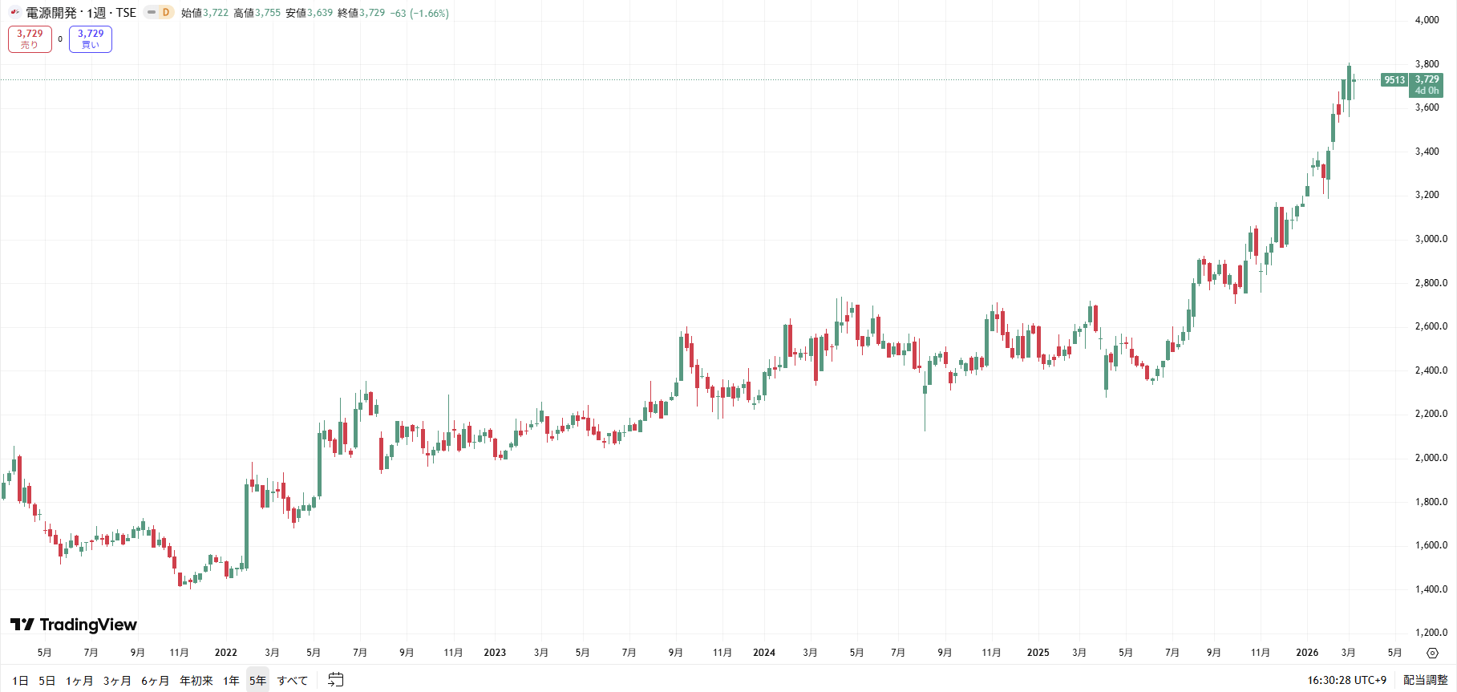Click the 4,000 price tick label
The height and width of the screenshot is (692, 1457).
coord(1427,20)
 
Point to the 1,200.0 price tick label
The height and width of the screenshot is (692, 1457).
coord(1431,633)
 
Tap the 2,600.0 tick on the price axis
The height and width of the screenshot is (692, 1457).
coord(1431,326)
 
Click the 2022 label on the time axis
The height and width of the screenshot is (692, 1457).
coord(226,653)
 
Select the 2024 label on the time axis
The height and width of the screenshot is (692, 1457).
coord(764,653)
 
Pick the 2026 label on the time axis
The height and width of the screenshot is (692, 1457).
coord(1307,653)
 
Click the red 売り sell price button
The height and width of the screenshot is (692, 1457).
coord(30,38)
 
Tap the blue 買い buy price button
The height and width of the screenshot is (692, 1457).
coord(91,38)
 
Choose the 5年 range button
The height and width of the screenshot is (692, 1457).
coord(257,681)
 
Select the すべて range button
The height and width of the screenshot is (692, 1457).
coord(293,681)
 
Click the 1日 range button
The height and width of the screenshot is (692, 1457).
coord(20,681)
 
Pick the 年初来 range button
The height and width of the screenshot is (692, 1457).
coord(196,681)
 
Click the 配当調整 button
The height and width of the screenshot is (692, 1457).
coord(1425,680)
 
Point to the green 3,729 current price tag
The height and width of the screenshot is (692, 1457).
coord(1427,84)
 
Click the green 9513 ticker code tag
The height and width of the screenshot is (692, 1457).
coord(1394,80)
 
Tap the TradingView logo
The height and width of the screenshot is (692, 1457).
coord(74,625)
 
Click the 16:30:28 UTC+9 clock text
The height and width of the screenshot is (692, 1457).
coord(1346,680)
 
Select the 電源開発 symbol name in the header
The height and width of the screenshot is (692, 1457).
coord(51,13)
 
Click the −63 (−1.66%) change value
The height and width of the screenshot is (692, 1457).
coord(419,13)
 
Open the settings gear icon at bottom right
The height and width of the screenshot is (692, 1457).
coord(1432,653)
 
